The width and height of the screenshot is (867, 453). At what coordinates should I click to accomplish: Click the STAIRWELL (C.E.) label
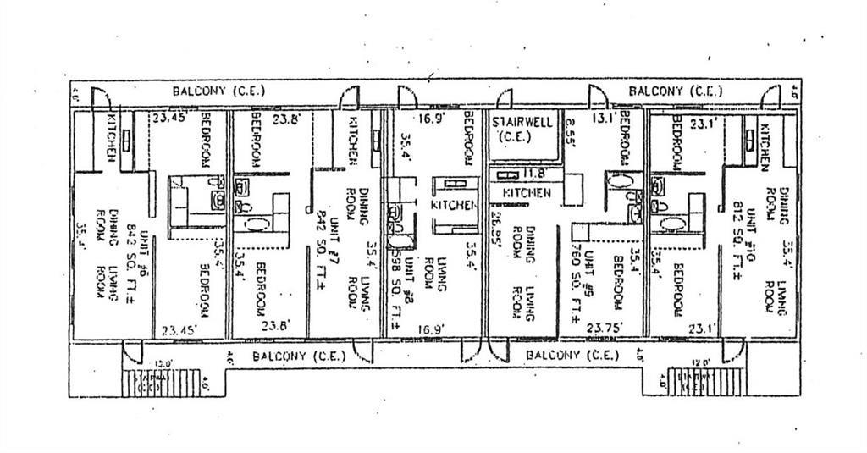[x=522, y=129]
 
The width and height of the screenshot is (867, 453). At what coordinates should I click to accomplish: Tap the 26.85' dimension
[x=496, y=226]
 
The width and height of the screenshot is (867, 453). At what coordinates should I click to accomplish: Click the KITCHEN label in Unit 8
[x=449, y=205]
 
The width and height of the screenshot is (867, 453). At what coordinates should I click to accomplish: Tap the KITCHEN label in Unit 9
[x=527, y=193]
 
